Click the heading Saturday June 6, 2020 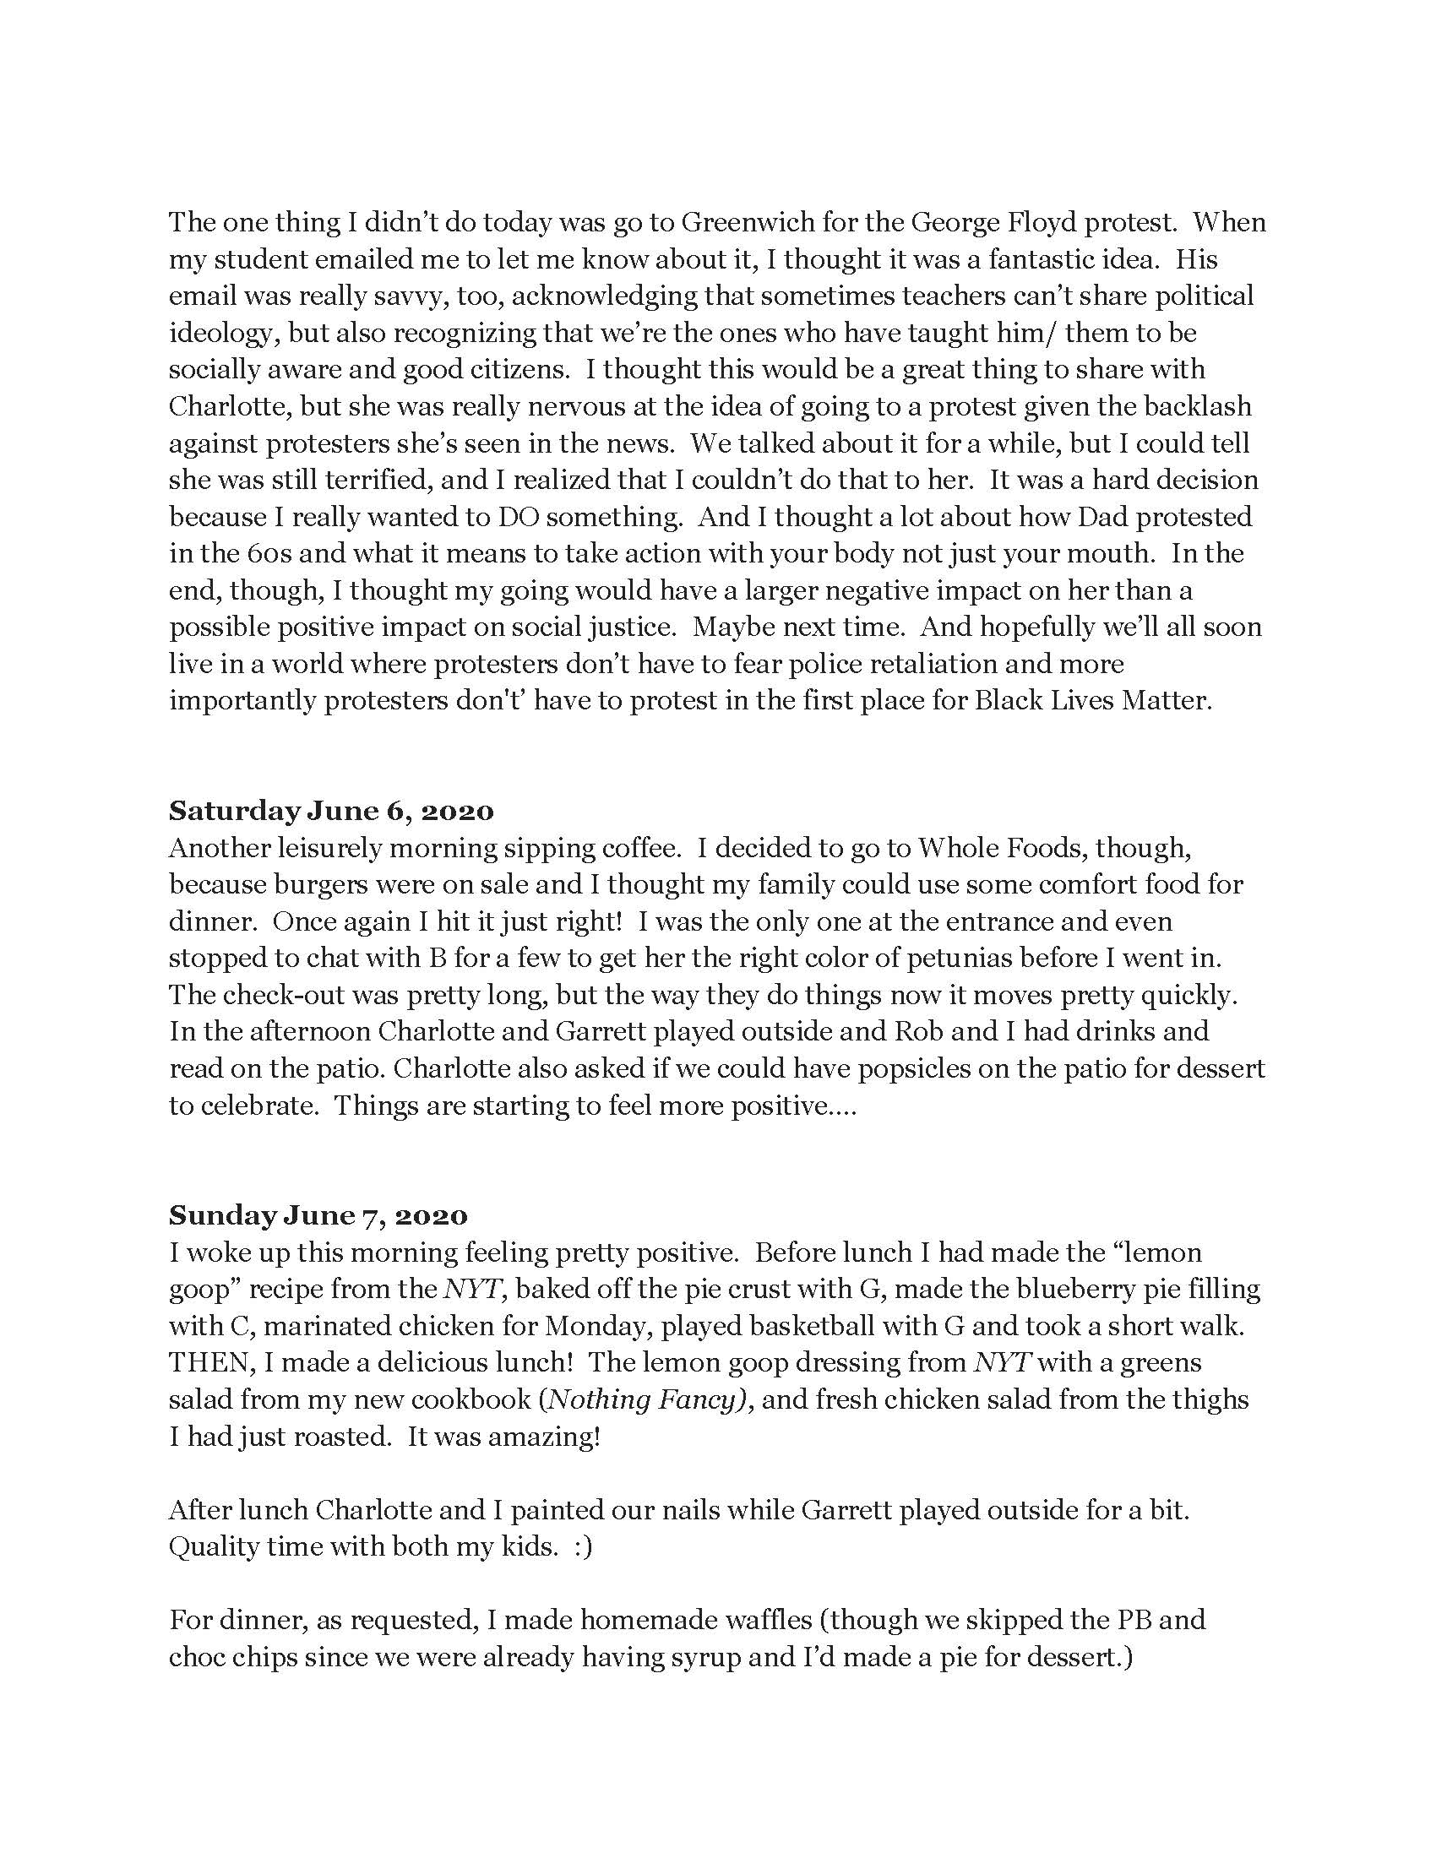point(331,811)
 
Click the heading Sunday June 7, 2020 point(318,1215)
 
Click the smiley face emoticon point(582,1547)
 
